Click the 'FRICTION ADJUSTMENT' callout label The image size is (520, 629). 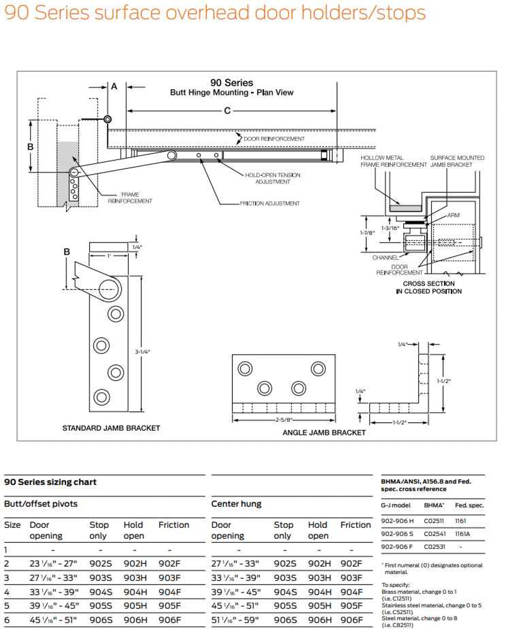click(270, 203)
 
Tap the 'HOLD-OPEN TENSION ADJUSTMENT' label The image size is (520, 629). click(273, 178)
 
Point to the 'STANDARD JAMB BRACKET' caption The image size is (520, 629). click(111, 428)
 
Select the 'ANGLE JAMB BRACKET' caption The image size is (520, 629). click(324, 433)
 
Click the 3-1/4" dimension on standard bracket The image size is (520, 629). click(143, 352)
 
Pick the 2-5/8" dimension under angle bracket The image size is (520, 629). click(284, 420)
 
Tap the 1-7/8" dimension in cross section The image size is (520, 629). click(368, 233)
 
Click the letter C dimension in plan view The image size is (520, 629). click(227, 111)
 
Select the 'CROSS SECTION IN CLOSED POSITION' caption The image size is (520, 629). click(429, 287)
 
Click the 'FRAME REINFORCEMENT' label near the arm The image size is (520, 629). click(130, 198)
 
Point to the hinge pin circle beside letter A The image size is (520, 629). click(108, 119)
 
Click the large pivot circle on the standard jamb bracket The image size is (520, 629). click(110, 289)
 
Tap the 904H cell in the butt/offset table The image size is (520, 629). click(135, 592)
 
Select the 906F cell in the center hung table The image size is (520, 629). click(351, 620)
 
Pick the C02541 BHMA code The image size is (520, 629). click(434, 534)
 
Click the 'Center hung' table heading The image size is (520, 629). click(236, 504)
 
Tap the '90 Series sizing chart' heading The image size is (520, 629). click(50, 482)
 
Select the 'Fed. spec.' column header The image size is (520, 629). click(469, 505)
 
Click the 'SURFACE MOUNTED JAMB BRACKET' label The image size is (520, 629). click(457, 161)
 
